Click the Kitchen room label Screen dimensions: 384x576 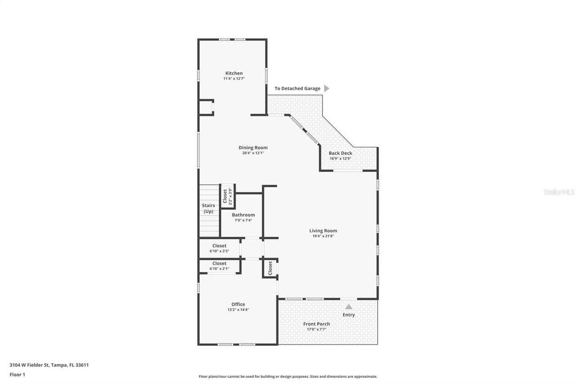(x=234, y=73)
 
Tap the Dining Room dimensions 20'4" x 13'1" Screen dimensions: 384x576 (x=253, y=153)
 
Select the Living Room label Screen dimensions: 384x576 (x=323, y=230)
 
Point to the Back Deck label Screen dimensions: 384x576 (x=340, y=153)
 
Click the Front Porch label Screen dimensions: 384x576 (x=316, y=324)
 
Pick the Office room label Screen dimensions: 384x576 (x=238, y=304)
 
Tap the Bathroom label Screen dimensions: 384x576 (x=243, y=215)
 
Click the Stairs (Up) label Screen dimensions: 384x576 (x=208, y=208)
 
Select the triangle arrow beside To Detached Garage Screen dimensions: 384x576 (x=327, y=89)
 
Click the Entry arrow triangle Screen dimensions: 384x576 (x=349, y=307)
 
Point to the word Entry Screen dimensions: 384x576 (x=349, y=315)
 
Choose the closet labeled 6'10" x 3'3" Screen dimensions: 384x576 (x=219, y=248)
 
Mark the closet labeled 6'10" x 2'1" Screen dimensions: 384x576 (x=219, y=266)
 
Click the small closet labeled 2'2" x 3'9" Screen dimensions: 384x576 (x=227, y=196)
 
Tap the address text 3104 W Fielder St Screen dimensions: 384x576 (x=49, y=365)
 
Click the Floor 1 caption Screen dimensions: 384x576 (x=18, y=374)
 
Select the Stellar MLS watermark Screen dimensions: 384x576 (x=559, y=192)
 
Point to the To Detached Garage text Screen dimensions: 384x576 (x=297, y=89)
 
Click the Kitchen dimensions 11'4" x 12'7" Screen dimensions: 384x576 (x=234, y=79)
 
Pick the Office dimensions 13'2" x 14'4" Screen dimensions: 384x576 (x=238, y=310)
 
